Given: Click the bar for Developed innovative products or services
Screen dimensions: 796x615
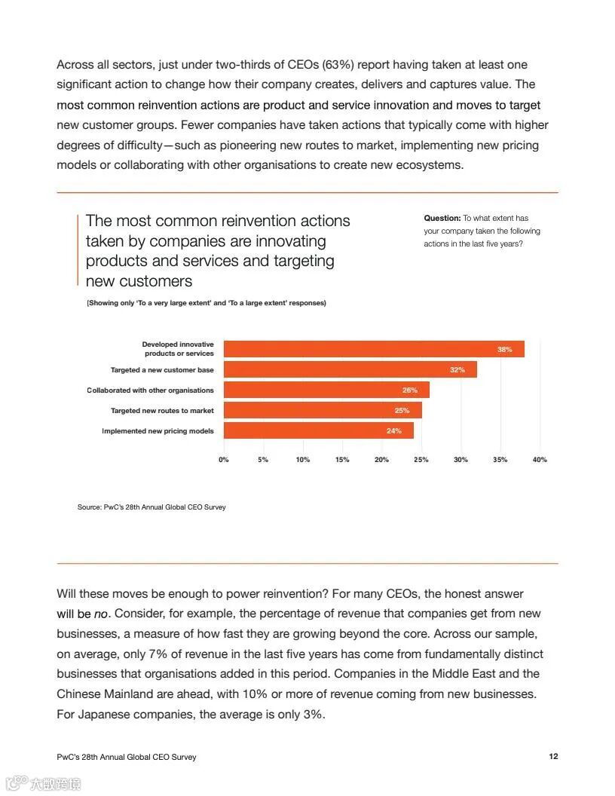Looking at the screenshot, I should click(x=374, y=349).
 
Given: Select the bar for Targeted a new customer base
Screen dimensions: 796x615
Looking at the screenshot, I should click(x=350, y=370).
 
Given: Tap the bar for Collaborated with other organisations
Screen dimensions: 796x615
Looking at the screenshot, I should click(x=326, y=390).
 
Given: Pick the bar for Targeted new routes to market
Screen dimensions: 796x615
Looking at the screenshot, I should click(x=323, y=410).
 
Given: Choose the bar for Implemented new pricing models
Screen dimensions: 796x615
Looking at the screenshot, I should click(x=319, y=430).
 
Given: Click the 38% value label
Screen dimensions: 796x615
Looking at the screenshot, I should click(x=504, y=350).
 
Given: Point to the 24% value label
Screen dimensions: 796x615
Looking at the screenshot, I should click(x=393, y=431).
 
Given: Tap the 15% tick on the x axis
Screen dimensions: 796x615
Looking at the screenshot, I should click(x=342, y=460).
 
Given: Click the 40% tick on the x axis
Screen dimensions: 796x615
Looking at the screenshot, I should click(x=540, y=460).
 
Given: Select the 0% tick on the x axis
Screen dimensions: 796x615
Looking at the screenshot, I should click(x=224, y=460).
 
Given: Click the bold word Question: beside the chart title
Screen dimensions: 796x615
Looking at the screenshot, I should click(x=442, y=219).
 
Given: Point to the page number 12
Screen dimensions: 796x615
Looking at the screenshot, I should click(x=554, y=756).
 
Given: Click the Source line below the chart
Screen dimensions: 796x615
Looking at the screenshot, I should click(x=151, y=507).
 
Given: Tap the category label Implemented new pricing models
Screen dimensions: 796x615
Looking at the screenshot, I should click(x=158, y=431).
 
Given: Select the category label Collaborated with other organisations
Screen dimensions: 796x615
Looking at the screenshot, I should click(x=150, y=390).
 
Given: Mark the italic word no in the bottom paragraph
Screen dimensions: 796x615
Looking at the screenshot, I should click(x=101, y=614).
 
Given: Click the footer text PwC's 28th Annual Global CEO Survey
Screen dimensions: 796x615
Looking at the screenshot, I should click(x=127, y=757).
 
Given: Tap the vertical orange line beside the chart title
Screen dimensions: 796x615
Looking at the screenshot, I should click(x=78, y=250).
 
